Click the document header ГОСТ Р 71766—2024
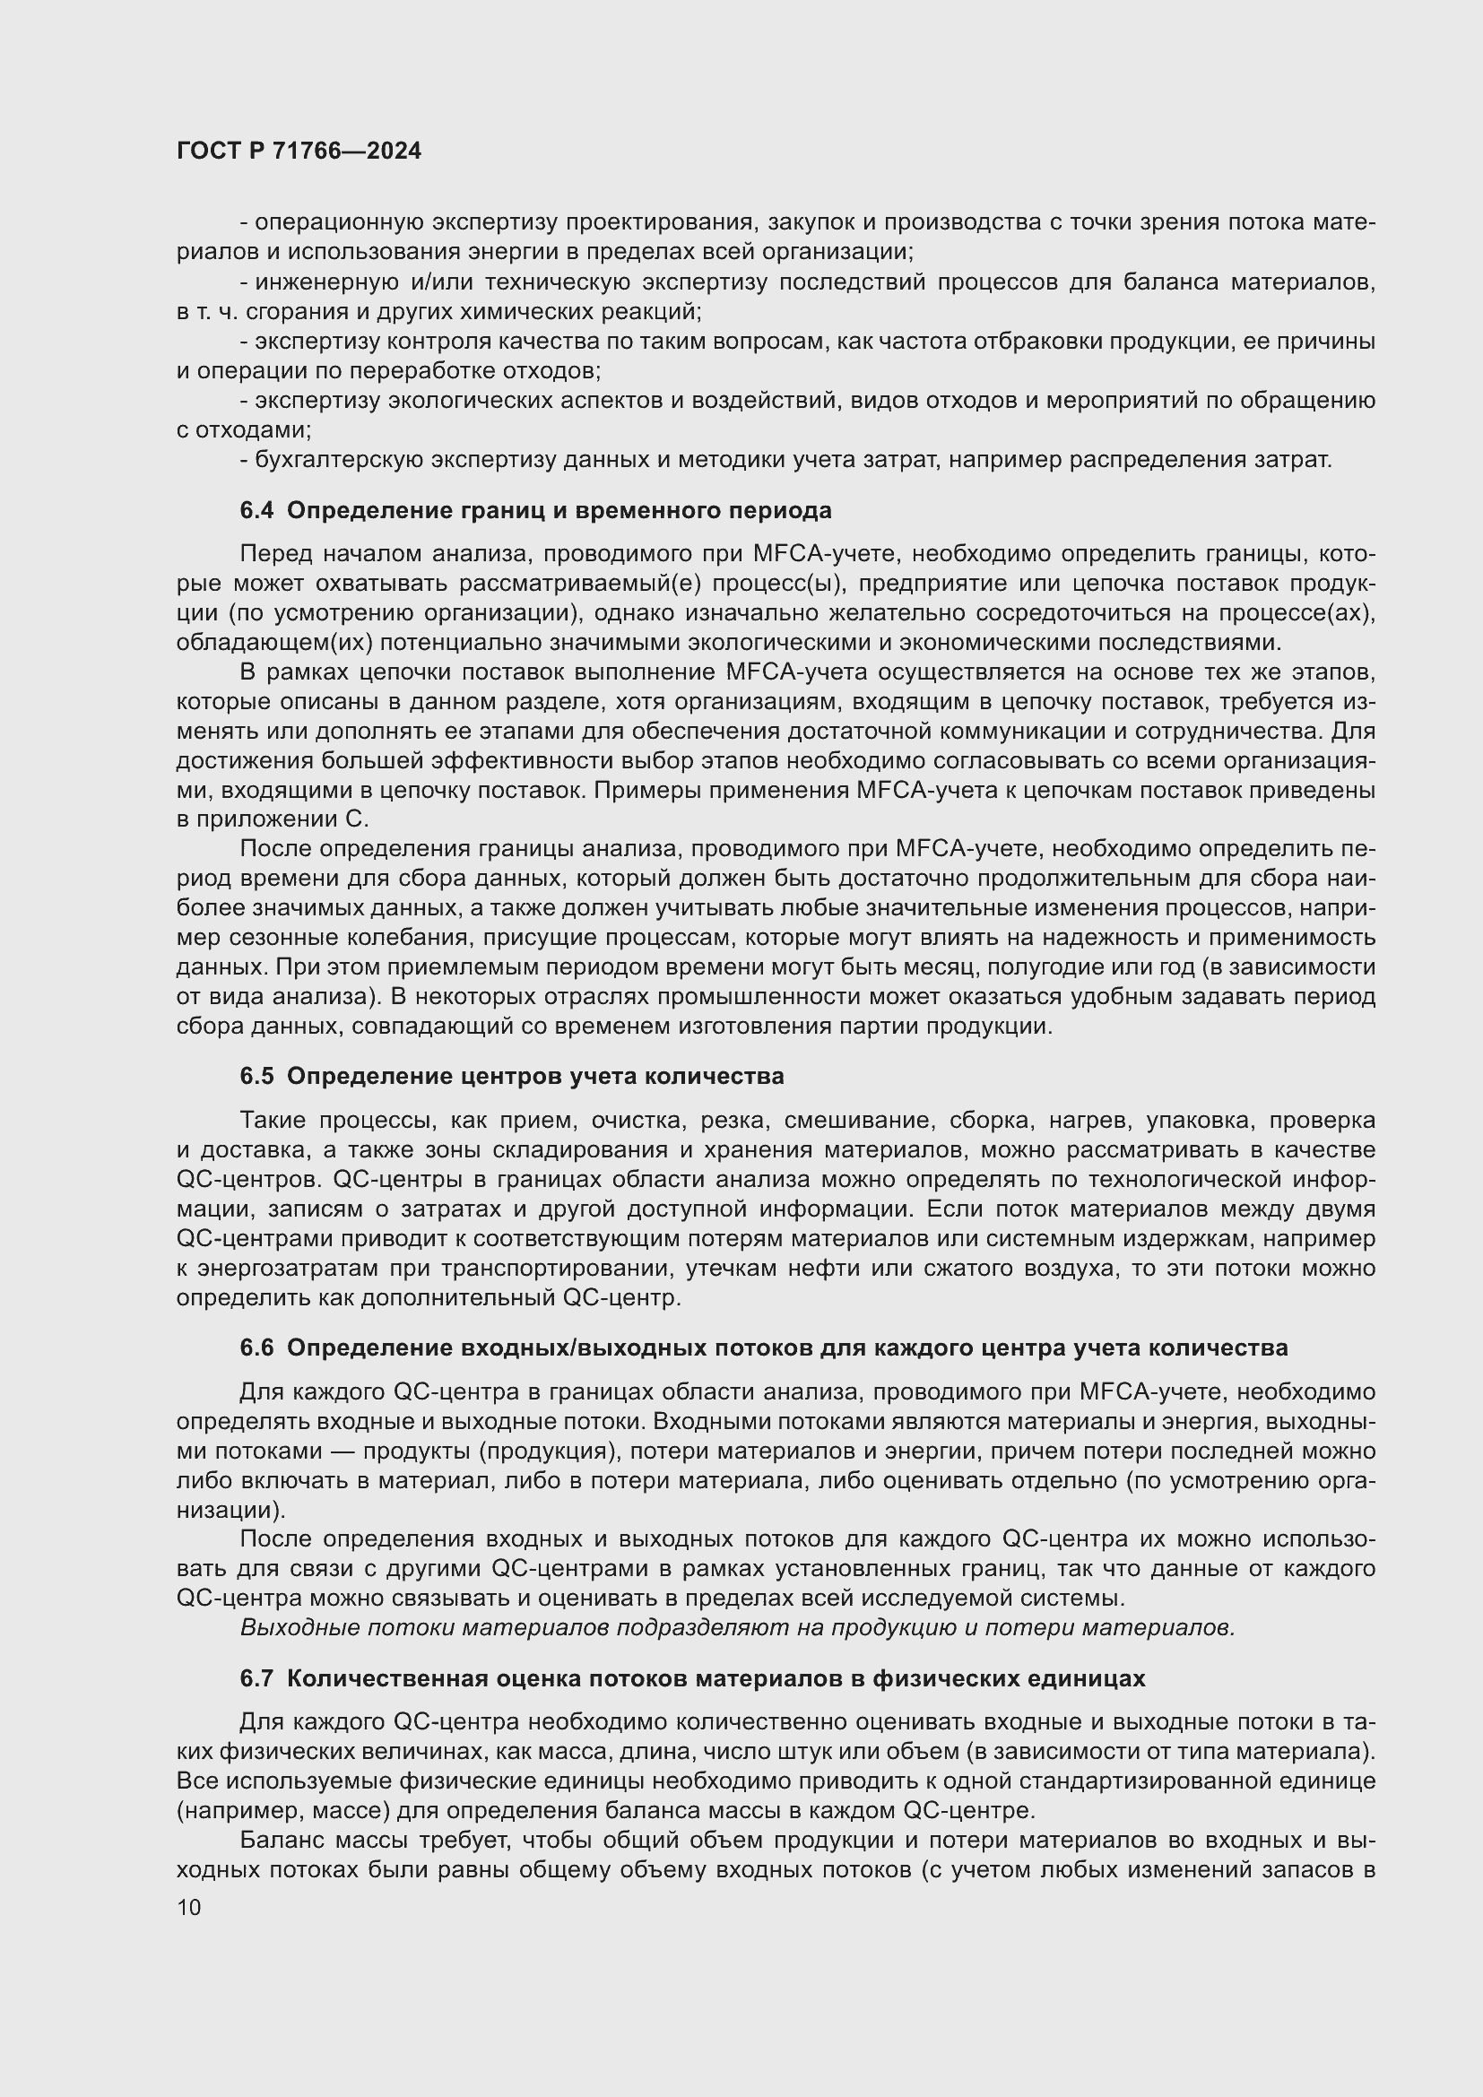point(299,152)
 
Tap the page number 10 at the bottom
point(189,1907)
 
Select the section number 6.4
point(256,510)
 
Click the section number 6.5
point(256,1077)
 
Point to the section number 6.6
point(256,1348)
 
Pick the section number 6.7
point(256,1678)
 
